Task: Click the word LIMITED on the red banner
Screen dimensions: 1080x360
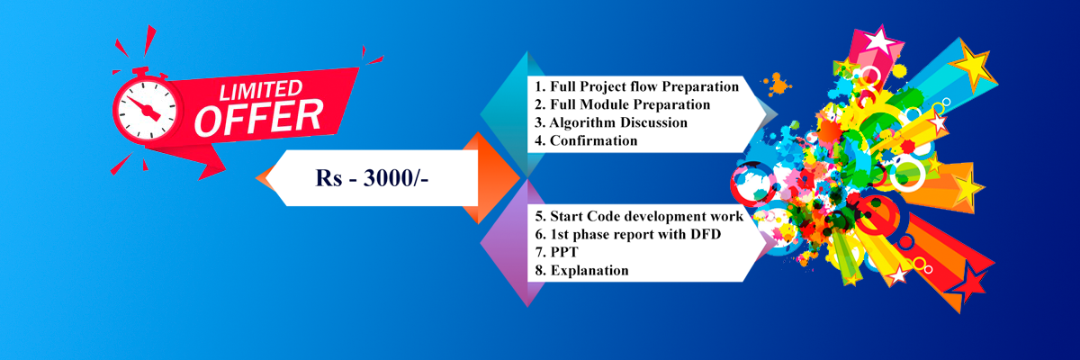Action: (261, 90)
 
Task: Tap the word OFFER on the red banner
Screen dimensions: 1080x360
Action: (258, 118)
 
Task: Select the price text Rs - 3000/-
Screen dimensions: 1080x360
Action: (372, 178)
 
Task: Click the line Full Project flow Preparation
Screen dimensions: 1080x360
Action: (636, 86)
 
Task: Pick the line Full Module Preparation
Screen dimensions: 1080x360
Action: (622, 104)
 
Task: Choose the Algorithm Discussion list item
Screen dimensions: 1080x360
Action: (610, 122)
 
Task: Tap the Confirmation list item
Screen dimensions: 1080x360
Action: (586, 140)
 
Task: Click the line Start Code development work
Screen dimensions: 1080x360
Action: (639, 216)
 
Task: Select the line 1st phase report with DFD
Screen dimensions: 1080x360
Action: (628, 234)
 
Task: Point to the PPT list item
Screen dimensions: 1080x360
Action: (556, 252)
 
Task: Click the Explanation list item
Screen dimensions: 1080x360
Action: (581, 270)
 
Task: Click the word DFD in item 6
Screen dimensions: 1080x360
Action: (706, 234)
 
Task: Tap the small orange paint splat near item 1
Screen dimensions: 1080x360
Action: (777, 85)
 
